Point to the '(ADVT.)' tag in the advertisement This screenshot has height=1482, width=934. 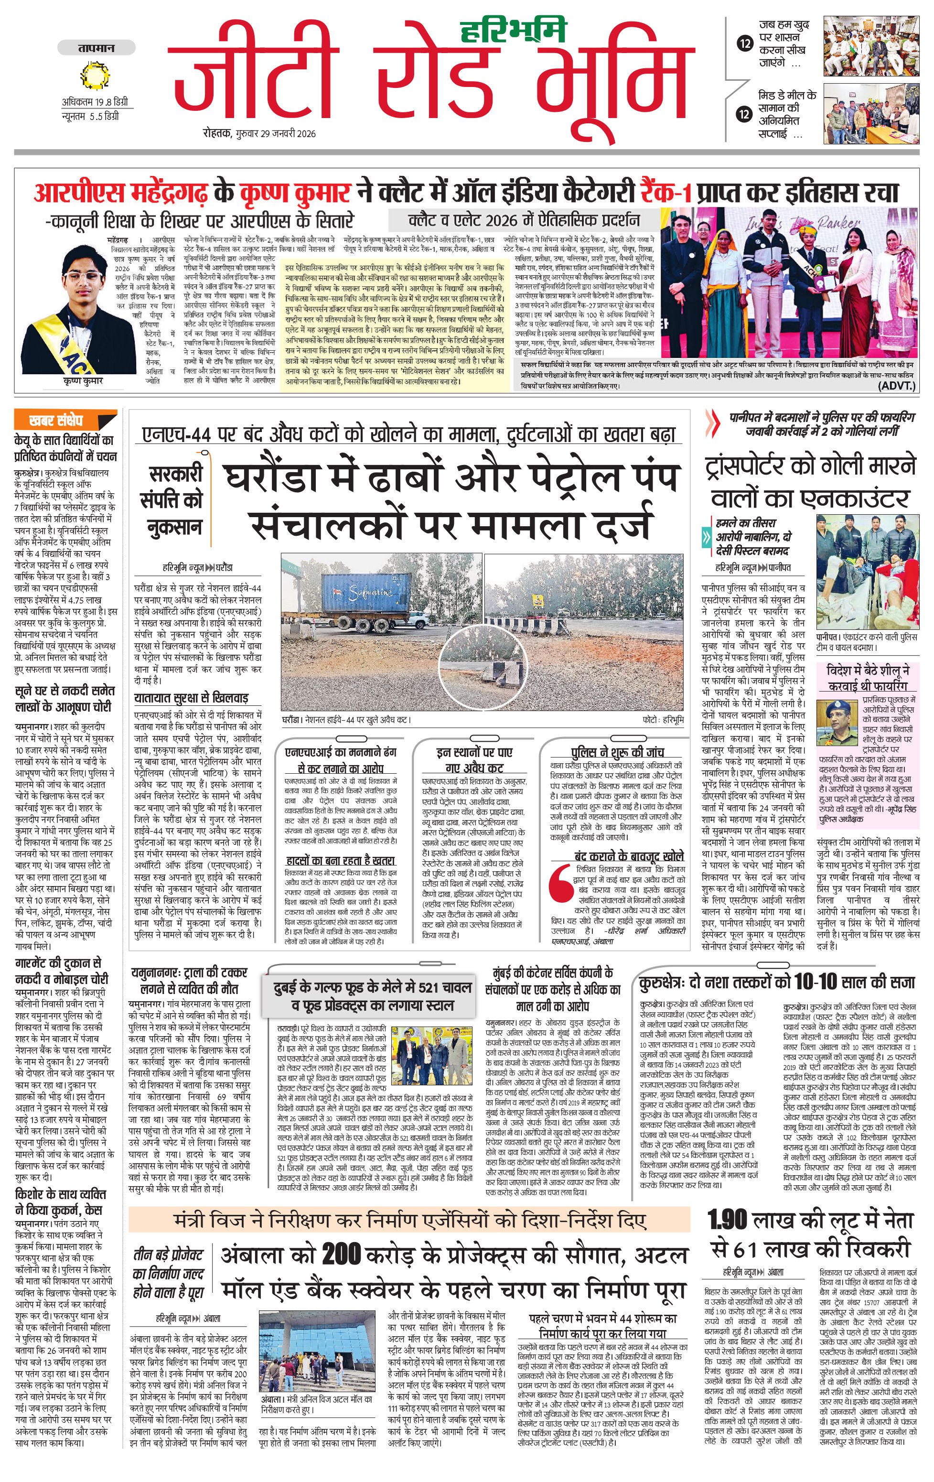896,386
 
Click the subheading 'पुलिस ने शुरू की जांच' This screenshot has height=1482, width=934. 617,751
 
